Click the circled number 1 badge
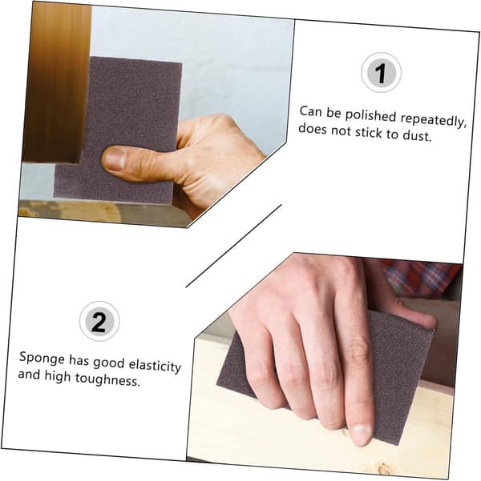(381, 72)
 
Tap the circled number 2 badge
(99, 321)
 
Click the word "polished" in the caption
(370, 116)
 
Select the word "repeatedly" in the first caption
(433, 119)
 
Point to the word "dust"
(417, 135)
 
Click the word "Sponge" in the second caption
(42, 359)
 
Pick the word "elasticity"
(155, 366)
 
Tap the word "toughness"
(107, 379)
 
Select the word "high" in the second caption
(58, 376)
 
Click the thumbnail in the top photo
(115, 158)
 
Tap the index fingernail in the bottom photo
(361, 434)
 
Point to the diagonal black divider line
(233, 246)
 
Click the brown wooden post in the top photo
(58, 82)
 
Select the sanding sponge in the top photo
(119, 130)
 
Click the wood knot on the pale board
(384, 468)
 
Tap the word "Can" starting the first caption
(310, 111)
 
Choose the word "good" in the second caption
(108, 363)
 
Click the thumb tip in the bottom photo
(429, 321)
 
